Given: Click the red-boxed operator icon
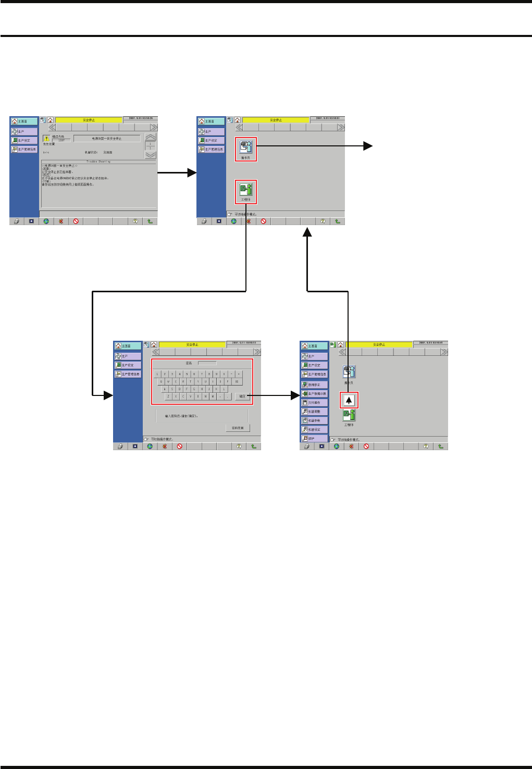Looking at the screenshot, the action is pos(245,149).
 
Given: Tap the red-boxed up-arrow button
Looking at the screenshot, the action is pos(349,401).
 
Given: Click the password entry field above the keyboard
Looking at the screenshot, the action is pos(207,363).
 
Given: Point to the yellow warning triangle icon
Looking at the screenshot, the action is pos(46,139).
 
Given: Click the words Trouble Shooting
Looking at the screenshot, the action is pos(98,162).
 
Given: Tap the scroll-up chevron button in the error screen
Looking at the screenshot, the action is pos(150,137).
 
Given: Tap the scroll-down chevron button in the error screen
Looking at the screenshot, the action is pos(150,155).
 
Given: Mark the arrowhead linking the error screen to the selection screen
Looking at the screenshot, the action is pos(192,173).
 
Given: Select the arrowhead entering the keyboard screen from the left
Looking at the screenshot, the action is pos(108,396).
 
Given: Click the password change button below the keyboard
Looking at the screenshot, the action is pos(238,428).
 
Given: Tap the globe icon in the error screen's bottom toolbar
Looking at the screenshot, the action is pos(46,221).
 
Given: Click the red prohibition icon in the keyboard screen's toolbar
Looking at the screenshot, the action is pos(179,446).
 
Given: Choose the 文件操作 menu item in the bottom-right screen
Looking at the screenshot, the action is pos(315,403).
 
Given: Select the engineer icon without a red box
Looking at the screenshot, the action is pos(349,416).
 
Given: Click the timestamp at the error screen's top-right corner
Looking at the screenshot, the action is pos(140,118).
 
